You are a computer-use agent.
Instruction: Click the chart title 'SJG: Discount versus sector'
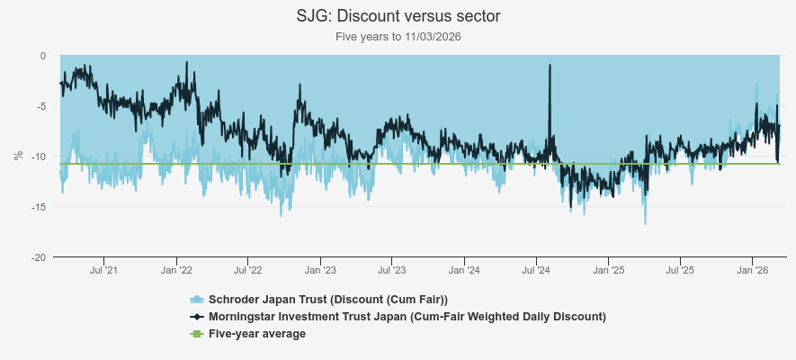point(398,16)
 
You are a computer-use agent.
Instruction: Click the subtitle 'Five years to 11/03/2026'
point(398,37)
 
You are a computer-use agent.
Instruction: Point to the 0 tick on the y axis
point(41,56)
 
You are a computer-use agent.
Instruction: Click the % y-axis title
point(18,156)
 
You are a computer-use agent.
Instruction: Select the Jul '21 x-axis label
point(104,270)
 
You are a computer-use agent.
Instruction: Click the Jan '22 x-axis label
point(177,270)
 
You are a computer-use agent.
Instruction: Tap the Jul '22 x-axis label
point(247,270)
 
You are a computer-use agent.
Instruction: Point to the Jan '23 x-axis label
point(321,270)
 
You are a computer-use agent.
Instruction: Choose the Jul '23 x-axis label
point(391,270)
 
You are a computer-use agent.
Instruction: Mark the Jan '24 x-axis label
point(464,270)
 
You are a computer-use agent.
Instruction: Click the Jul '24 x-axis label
point(536,270)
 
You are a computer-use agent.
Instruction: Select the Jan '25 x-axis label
point(609,270)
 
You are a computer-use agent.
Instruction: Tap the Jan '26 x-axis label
point(752,270)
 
